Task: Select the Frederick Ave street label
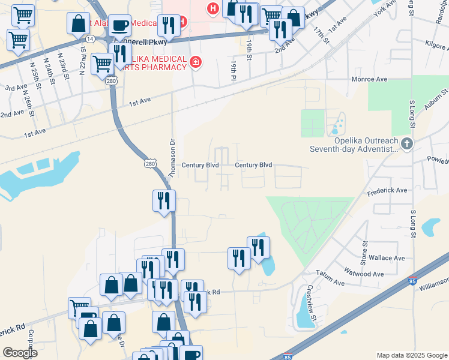point(387,190)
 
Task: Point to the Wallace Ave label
point(388,258)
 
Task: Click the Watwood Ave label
point(366,274)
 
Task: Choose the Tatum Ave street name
point(331,282)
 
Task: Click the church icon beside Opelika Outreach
point(408,143)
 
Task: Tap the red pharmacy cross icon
point(195,62)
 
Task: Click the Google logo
point(20,352)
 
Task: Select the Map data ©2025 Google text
point(412,355)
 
